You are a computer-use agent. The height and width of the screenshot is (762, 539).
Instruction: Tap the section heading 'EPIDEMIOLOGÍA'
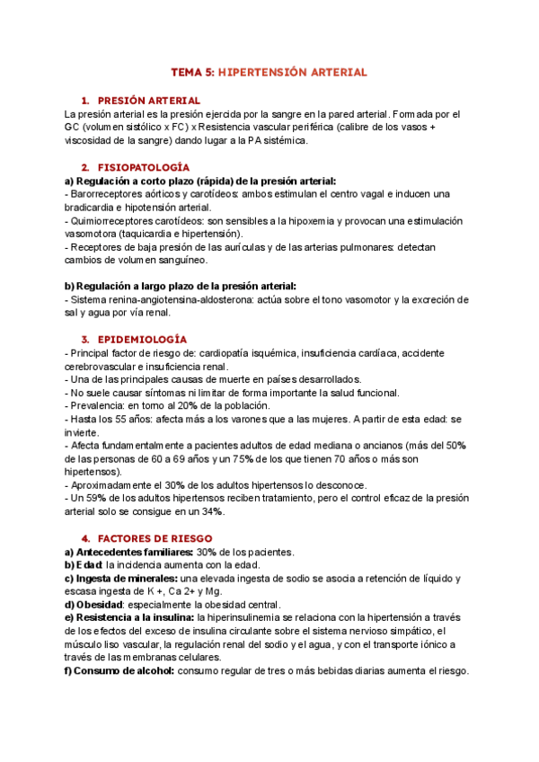coord(142,339)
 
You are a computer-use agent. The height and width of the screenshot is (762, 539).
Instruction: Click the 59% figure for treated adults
coord(90,498)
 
